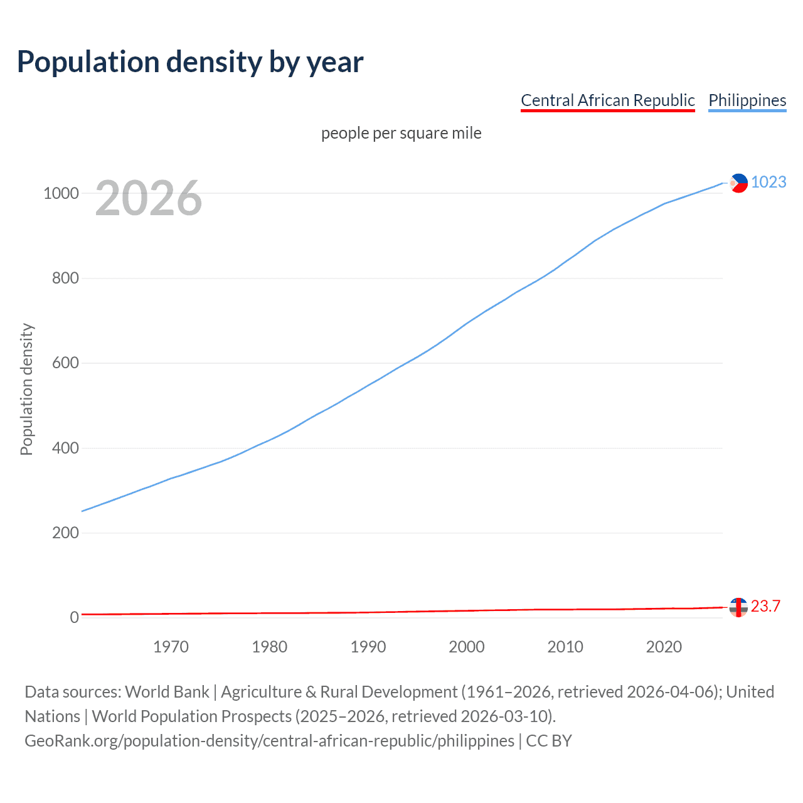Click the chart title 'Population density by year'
190,61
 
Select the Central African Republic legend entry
607,100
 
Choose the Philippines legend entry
747,100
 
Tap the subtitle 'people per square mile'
401,133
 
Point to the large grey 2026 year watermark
149,198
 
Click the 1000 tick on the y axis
61,193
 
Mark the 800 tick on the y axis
65,278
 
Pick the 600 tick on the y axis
65,363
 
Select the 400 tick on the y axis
65,448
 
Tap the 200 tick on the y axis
65,533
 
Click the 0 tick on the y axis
75,617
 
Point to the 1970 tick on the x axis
171,647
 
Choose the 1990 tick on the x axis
368,647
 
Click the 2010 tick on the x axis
565,647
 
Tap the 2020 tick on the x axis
664,647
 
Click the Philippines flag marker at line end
738,183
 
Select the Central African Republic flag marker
738,607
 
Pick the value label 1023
768,182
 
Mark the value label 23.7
765,606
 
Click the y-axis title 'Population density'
26,389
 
